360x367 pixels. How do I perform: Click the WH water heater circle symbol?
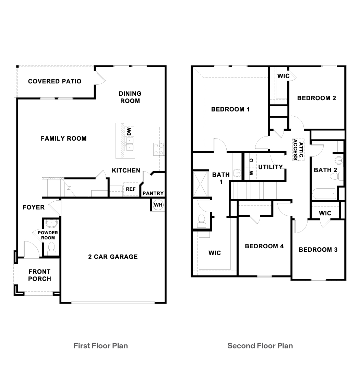point(158,205)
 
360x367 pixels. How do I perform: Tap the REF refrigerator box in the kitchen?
point(130,189)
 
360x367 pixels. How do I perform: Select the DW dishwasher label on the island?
point(129,131)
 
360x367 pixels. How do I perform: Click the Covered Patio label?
point(55,81)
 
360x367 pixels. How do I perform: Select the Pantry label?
point(153,193)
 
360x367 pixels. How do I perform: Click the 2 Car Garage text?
point(113,257)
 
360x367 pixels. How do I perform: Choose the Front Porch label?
point(39,275)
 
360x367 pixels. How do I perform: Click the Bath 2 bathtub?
point(324,194)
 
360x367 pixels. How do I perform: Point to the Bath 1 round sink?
point(237,173)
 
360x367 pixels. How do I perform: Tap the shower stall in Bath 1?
point(201,183)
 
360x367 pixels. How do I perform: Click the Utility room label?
point(271,167)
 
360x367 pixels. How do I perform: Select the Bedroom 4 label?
point(264,246)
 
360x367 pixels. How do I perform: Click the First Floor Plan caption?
point(101,345)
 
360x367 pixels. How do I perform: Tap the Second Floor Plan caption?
point(260,345)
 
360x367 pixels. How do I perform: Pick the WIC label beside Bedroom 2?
point(283,76)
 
